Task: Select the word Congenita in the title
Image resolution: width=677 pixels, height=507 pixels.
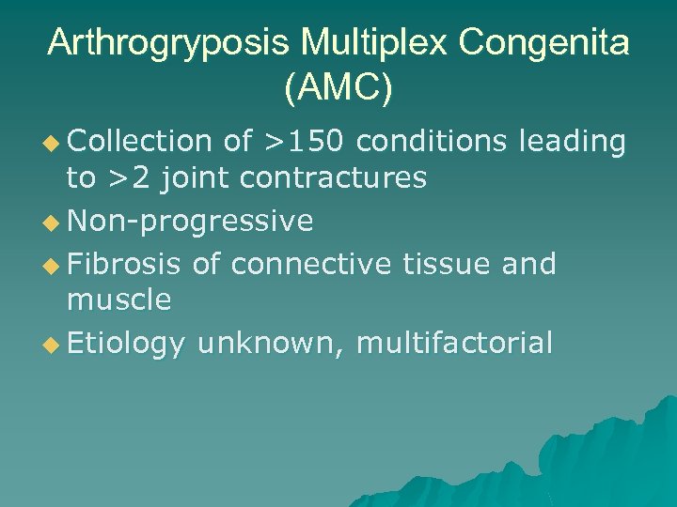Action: tap(546, 44)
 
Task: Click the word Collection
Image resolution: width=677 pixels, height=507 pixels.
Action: tap(140, 142)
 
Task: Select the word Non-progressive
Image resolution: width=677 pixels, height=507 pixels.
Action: tap(191, 222)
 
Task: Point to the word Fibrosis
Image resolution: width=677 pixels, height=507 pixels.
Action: tap(124, 266)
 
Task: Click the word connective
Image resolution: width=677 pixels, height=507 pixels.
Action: tap(310, 266)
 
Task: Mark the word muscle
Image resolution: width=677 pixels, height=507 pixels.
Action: tap(118, 300)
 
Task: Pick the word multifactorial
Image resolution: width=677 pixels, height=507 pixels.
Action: tap(455, 345)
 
